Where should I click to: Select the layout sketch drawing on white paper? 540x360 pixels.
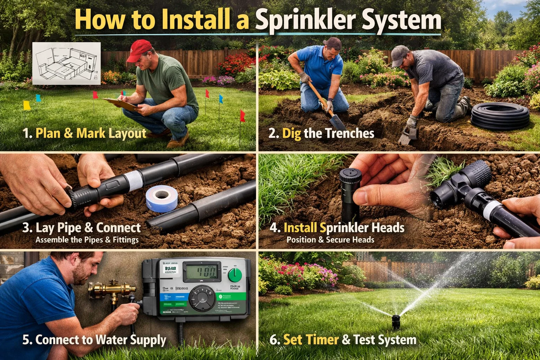click(x=66, y=63)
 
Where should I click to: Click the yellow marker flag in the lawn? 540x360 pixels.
click(x=27, y=105)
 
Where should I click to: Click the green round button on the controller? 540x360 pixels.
click(x=235, y=275)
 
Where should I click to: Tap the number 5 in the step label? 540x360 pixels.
click(x=26, y=340)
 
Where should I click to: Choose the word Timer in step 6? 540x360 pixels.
click(x=322, y=340)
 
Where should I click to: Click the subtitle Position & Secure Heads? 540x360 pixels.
click(x=330, y=240)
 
